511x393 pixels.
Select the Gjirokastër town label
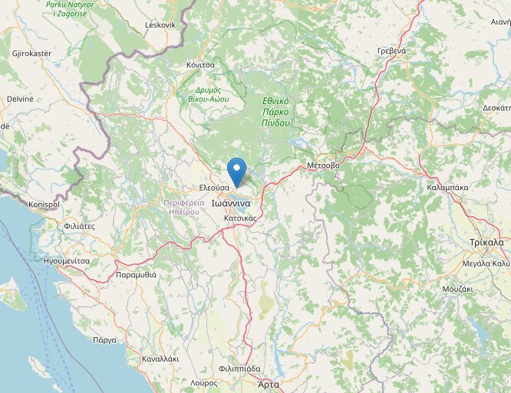coord(31,54)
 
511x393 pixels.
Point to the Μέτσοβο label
coord(322,165)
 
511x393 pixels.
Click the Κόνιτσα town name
coord(199,65)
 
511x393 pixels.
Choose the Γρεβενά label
coord(391,51)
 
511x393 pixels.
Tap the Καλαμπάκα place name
coord(427,185)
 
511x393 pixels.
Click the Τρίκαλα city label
coord(486,242)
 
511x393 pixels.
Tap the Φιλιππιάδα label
coord(239,368)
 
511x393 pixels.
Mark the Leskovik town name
coord(160,25)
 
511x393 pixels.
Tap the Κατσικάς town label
coord(240,218)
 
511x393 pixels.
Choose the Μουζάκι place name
coord(457,289)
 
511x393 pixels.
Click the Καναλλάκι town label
coord(160,359)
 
